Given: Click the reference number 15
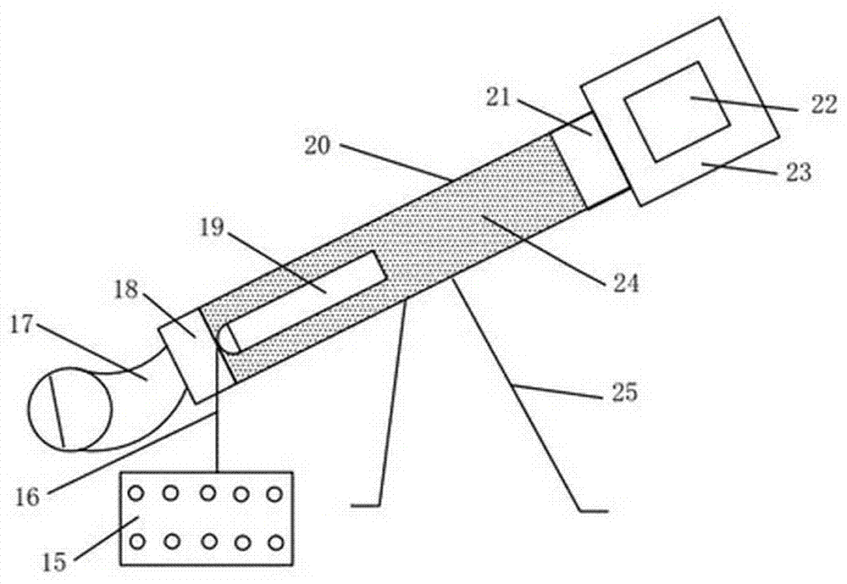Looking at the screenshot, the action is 54,562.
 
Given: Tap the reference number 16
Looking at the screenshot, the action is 27,497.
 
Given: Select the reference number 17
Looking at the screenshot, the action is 22,326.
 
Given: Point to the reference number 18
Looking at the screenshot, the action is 126,291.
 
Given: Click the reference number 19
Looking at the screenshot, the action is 212,228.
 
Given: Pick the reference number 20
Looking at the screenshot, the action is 317,145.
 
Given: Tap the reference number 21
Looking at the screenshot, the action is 497,97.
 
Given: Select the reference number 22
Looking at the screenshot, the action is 823,103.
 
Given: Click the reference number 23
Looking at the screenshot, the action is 799,173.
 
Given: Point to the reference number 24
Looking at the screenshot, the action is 626,282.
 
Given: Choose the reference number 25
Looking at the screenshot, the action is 624,392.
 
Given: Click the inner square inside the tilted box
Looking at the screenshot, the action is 676,111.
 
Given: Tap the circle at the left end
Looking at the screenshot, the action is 71,409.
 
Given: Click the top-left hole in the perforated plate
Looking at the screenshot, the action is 136,493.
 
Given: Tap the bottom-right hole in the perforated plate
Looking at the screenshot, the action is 276,542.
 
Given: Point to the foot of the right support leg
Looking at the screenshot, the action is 593,510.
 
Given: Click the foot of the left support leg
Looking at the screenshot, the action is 366,505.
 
